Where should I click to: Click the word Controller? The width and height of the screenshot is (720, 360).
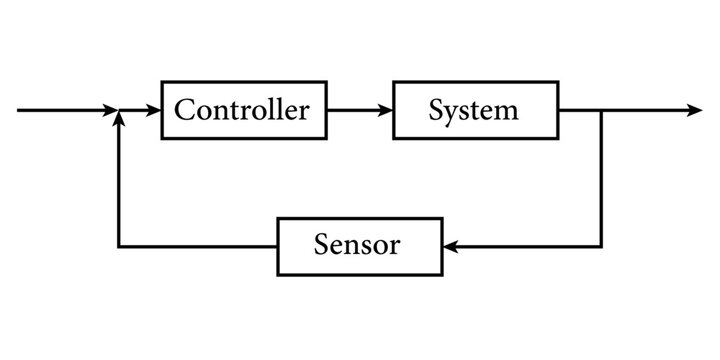(241, 110)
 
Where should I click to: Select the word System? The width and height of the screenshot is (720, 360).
(473, 110)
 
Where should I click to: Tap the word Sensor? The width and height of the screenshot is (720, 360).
(356, 246)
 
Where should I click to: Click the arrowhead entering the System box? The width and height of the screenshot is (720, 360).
(386, 110)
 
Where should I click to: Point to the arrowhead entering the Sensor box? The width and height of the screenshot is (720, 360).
(449, 246)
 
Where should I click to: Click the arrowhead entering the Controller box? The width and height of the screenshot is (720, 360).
(154, 110)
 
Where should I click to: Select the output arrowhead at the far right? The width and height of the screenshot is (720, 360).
(696, 110)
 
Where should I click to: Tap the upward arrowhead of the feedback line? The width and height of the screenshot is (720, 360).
(119, 118)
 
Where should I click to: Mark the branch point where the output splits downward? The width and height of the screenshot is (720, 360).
(601, 110)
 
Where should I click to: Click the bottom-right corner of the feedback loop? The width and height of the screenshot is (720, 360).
(601, 246)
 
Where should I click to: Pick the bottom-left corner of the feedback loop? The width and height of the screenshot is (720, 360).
(119, 246)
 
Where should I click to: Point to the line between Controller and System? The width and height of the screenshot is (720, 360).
(355, 110)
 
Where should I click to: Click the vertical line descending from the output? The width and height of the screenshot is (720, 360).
(601, 180)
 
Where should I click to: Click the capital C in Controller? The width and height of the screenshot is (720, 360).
(184, 110)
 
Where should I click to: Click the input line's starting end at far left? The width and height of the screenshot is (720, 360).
(20, 110)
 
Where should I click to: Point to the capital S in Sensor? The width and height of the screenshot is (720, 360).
(320, 246)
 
